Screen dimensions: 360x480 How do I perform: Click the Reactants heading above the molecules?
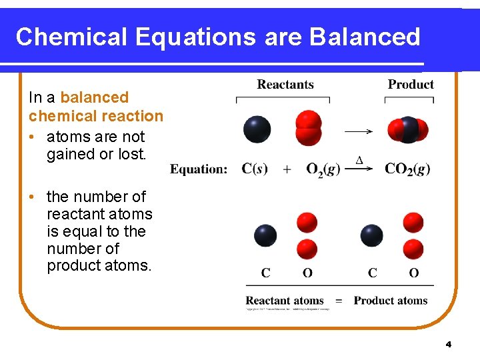pos(285,84)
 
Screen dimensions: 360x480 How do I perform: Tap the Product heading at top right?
pos(411,84)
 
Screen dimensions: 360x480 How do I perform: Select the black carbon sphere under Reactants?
pos(257,129)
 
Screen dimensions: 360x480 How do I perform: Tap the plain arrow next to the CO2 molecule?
pos(358,131)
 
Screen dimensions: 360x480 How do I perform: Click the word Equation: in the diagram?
pos(199,169)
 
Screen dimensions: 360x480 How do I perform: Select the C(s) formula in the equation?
pos(255,169)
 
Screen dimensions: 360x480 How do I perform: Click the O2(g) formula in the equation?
pos(323,169)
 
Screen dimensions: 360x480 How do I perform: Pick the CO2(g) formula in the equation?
pos(407,169)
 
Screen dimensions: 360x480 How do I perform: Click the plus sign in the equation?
pos(287,169)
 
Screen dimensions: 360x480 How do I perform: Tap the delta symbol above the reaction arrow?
pos(359,161)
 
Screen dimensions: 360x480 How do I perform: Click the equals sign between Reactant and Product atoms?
pos(339,301)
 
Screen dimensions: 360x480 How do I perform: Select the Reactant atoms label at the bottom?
pos(285,301)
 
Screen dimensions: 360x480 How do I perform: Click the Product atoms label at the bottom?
pos(391,301)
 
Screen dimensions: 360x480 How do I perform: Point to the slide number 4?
pos(448,345)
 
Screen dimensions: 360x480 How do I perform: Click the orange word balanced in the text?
pos(94,97)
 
